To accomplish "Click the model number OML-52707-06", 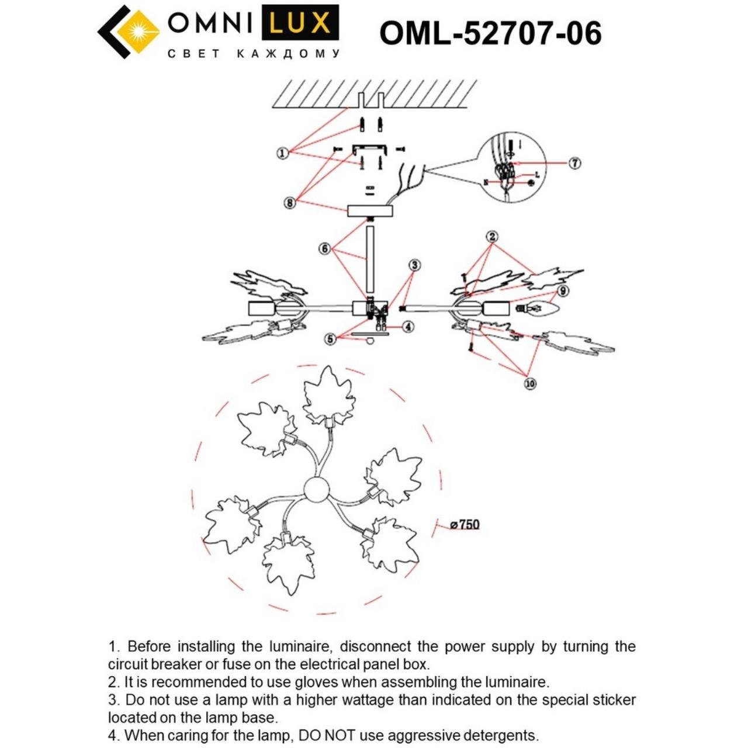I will [490, 33].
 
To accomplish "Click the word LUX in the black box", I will [303, 24].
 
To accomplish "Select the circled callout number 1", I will [283, 153].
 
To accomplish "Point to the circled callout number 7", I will [575, 163].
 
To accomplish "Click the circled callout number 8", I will [289, 203].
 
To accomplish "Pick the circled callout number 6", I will [325, 248].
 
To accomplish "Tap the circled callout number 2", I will [492, 237].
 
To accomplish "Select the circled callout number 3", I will [414, 265].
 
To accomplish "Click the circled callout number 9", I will [562, 290].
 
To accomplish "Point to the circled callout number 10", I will [530, 384].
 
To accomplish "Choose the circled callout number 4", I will [408, 327].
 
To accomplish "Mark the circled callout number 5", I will [331, 338].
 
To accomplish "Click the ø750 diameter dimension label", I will [465, 525].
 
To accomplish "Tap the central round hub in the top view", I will [318, 489].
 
